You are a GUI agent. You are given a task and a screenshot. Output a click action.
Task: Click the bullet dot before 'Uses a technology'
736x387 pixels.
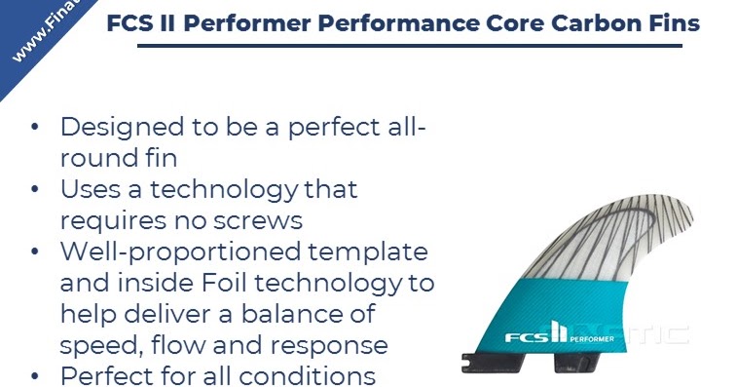click(36, 189)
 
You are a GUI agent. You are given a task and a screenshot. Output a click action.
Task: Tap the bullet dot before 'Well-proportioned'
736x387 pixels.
click(36, 252)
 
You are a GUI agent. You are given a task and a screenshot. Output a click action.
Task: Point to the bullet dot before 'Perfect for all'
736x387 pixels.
click(36, 376)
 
